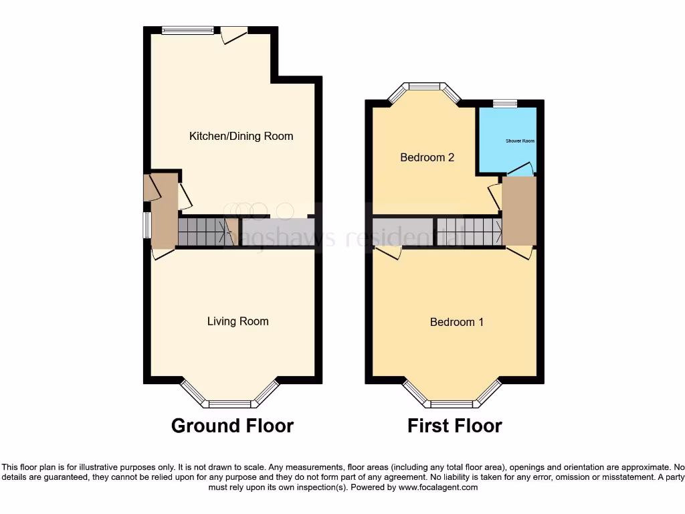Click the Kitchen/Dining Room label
point(241,136)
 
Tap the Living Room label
point(237,321)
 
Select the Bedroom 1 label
point(456,322)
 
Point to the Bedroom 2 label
point(427,157)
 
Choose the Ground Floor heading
point(232,426)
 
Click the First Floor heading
point(454,426)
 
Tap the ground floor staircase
point(201,232)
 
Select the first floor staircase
point(469,232)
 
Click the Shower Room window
point(505,104)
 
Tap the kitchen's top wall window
point(188,29)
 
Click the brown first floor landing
point(519,211)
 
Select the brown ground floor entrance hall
point(163,214)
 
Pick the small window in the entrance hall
point(146,225)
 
